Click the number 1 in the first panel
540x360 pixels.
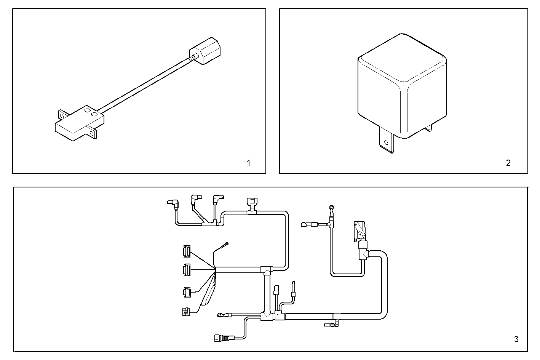[249, 163]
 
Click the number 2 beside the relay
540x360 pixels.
[508, 163]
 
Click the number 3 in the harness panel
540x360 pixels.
[516, 339]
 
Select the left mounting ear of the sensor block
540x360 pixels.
[61, 115]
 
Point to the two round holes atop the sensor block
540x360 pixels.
[91, 112]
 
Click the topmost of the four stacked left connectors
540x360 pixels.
[186, 251]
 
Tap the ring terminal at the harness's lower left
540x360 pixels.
[220, 315]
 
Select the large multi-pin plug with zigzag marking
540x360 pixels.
[359, 230]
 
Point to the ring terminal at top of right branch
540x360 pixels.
[332, 208]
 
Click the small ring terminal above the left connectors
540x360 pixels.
[227, 244]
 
